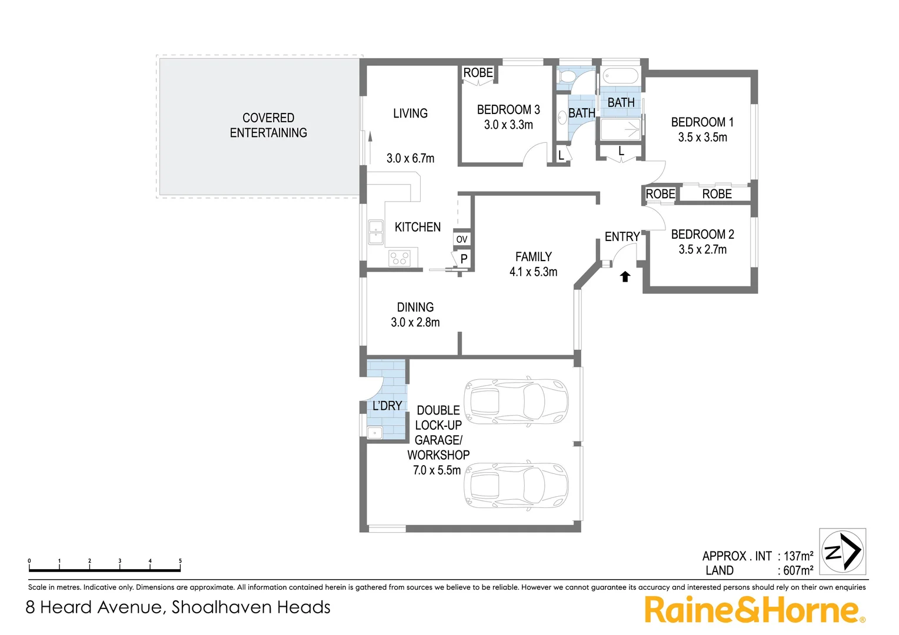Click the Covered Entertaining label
(268, 125)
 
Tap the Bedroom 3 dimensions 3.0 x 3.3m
(508, 125)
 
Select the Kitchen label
(417, 227)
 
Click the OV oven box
(462, 239)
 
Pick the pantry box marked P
(464, 258)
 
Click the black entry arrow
(625, 276)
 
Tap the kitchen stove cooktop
(399, 258)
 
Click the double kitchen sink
(375, 232)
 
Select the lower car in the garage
(516, 486)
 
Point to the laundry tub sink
(375, 433)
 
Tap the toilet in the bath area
(567, 76)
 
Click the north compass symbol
(843, 552)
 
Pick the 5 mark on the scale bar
(180, 562)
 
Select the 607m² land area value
(798, 570)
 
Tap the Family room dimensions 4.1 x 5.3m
(533, 272)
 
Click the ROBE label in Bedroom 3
(478, 73)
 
